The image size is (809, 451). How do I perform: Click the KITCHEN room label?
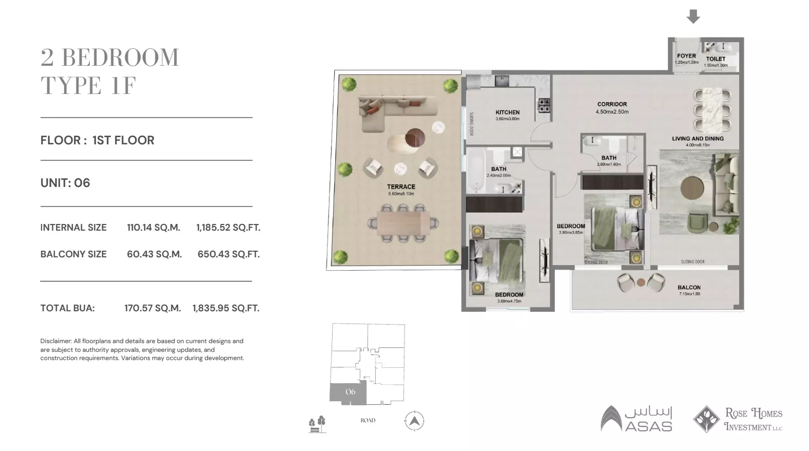pyautogui.click(x=507, y=112)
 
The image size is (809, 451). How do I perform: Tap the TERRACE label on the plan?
pyautogui.click(x=401, y=187)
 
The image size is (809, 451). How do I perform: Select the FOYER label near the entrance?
pyautogui.click(x=686, y=56)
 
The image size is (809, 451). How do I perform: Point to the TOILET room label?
pyautogui.click(x=716, y=59)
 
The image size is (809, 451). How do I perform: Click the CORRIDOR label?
pyautogui.click(x=612, y=104)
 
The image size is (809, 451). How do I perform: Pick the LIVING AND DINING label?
pyautogui.click(x=698, y=139)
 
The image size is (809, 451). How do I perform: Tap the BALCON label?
pyautogui.click(x=689, y=288)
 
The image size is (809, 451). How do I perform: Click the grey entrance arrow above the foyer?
pyautogui.click(x=693, y=16)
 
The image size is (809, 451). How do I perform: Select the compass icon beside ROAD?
pyautogui.click(x=415, y=421)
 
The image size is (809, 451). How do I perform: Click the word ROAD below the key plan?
pyautogui.click(x=368, y=420)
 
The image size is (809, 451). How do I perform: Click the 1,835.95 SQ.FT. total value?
pyautogui.click(x=226, y=308)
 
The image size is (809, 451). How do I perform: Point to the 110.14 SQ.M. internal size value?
pyautogui.click(x=153, y=228)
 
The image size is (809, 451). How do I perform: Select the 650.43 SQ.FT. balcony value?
pyautogui.click(x=228, y=254)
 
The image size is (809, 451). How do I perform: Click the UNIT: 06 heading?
pyautogui.click(x=65, y=183)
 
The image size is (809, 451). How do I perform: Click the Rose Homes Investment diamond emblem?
pyautogui.click(x=706, y=419)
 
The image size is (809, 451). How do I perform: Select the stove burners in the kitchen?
pyautogui.click(x=543, y=105)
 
